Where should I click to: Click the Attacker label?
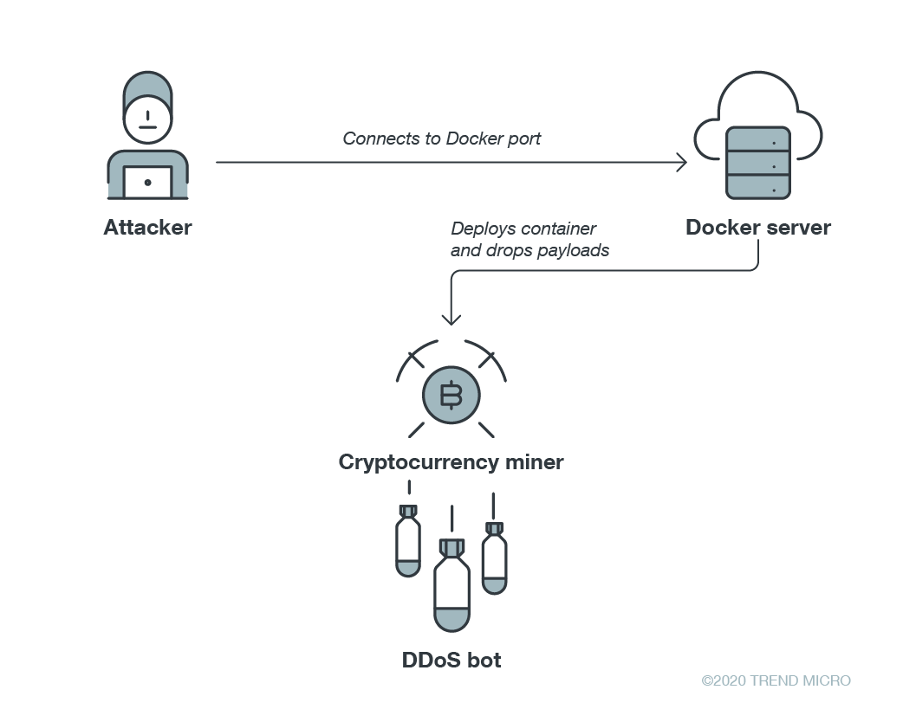pyautogui.click(x=147, y=227)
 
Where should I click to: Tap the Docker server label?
pyautogui.click(x=758, y=227)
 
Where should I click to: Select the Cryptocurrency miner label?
pyautogui.click(x=451, y=462)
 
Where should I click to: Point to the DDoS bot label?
pyautogui.click(x=451, y=660)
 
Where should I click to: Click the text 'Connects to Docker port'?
pyautogui.click(x=442, y=139)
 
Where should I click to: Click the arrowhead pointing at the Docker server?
pyautogui.click(x=682, y=162)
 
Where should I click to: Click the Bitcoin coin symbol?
pyautogui.click(x=451, y=396)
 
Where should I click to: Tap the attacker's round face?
pyautogui.click(x=148, y=119)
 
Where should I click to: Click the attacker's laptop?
pyautogui.click(x=148, y=183)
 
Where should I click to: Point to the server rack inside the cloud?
pyautogui.click(x=758, y=164)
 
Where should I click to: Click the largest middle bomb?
pyautogui.click(x=451, y=585)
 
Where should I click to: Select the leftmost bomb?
pyautogui.click(x=408, y=541)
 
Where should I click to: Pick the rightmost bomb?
pyautogui.click(x=494, y=558)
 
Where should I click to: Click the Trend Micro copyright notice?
pyautogui.click(x=776, y=680)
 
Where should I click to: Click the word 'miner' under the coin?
pyautogui.click(x=534, y=462)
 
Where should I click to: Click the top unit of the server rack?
pyautogui.click(x=758, y=139)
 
